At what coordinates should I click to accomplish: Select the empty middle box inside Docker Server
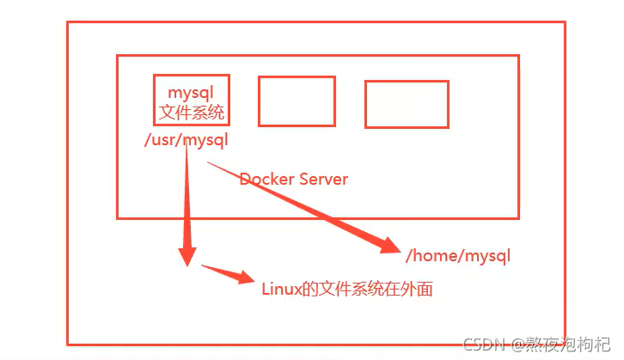click(297, 101)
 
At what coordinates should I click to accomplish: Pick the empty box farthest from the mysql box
click(407, 105)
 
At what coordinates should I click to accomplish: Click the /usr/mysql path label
click(187, 139)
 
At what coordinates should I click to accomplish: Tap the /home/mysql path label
click(458, 255)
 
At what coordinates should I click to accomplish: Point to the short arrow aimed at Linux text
click(228, 276)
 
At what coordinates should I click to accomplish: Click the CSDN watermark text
click(481, 345)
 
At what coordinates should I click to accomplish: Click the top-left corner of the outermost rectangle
click(68, 22)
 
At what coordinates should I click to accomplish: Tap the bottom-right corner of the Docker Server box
click(518, 217)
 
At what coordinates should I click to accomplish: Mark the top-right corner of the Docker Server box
click(518, 56)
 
